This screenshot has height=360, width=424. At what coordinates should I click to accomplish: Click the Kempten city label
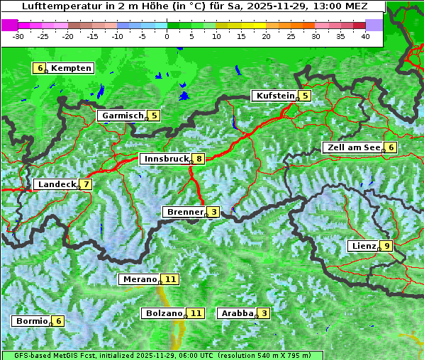pos(72,68)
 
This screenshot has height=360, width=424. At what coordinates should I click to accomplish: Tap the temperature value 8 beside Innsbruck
pos(200,159)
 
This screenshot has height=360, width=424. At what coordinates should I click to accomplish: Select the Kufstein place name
pos(274,96)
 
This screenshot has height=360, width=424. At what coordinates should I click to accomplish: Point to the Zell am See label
pos(352,147)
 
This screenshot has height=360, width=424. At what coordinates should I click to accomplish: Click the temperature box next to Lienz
pos(386,246)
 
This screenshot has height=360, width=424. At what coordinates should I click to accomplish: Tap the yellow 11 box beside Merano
pos(170,279)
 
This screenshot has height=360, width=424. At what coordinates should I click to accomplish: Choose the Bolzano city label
pos(164,313)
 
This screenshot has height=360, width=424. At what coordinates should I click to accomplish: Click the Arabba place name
pos(237,313)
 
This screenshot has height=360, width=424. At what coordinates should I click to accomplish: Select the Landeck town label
pos(56,184)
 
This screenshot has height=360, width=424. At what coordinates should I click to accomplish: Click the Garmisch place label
pos(122,115)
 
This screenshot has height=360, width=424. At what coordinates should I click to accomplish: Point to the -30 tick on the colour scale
pos(18,35)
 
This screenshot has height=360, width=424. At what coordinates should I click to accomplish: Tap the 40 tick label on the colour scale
pos(365,35)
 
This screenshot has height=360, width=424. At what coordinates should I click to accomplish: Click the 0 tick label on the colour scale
pos(167,35)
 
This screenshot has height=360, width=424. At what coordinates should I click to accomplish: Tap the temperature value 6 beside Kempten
pos(40,68)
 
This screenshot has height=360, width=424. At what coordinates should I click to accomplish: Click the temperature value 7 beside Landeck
pos(86,184)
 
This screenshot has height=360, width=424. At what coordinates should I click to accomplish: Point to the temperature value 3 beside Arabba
pos(264,313)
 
